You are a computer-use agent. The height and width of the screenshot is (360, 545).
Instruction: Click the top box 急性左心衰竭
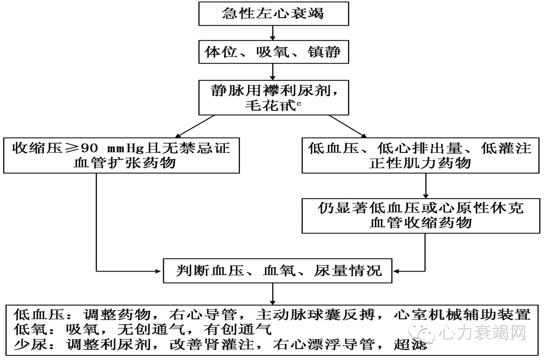tap(273, 14)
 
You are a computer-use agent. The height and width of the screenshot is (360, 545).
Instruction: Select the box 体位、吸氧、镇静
tap(273, 52)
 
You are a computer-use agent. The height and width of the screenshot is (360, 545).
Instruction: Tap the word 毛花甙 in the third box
tap(270, 106)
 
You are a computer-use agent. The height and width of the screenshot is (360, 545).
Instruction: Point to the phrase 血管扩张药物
tap(125, 163)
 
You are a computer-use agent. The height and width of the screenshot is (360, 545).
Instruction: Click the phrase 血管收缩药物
tap(420, 223)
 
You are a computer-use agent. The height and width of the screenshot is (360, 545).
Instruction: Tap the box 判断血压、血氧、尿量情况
tap(278, 270)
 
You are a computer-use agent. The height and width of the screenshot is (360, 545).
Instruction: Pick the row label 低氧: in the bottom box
tap(34, 329)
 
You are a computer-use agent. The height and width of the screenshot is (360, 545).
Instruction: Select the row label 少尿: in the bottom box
tap(34, 344)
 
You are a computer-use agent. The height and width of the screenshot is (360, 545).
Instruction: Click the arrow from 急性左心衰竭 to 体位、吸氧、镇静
tap(273, 33)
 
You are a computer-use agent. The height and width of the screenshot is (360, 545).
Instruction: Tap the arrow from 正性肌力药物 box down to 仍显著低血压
tap(426, 185)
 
